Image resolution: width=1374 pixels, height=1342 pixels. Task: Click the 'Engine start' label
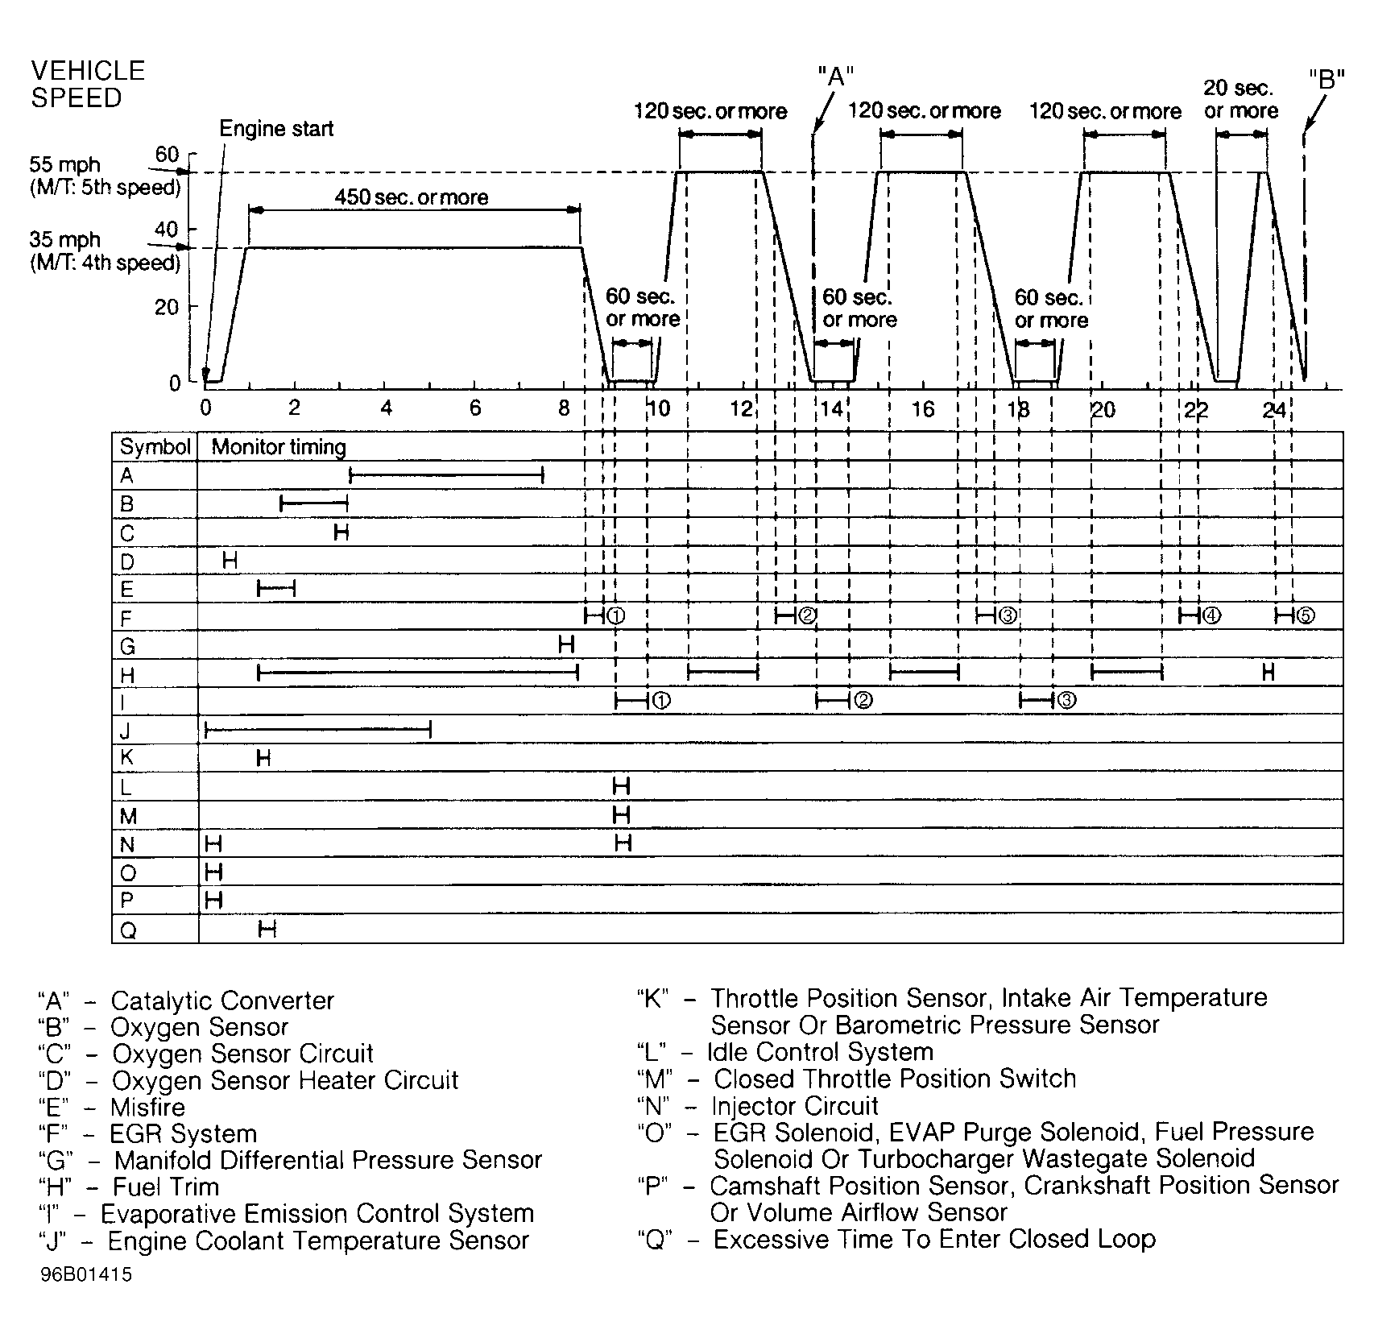coord(276,129)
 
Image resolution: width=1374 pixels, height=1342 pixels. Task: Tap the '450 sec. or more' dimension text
coord(412,197)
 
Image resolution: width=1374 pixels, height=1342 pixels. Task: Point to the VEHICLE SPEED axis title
coord(88,84)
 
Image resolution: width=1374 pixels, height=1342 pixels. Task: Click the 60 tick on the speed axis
coord(167,155)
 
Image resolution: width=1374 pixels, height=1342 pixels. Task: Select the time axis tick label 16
coord(922,409)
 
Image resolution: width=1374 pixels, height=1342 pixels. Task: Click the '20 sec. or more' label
coord(1241,99)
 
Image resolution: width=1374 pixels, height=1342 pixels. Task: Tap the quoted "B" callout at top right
coord(1326,80)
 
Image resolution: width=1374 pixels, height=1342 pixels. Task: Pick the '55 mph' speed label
coord(65,165)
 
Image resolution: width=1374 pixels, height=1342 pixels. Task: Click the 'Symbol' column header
coord(155,447)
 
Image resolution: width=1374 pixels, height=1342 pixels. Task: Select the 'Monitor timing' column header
coord(279,447)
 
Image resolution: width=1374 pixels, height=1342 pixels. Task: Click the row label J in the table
coord(126,731)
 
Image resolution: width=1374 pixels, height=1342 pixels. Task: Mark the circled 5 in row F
coord(1306,616)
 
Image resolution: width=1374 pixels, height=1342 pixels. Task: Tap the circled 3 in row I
coord(1066,701)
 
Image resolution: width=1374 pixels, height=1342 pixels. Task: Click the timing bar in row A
coord(447,476)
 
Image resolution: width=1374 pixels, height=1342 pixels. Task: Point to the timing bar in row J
coord(318,731)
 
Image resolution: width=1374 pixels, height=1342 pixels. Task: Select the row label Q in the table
coord(128,930)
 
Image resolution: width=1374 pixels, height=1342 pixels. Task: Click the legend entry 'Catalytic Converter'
coord(222,1000)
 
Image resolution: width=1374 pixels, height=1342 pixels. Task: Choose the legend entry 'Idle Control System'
coord(820,1052)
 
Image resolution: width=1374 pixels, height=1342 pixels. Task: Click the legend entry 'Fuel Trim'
coord(166,1187)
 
